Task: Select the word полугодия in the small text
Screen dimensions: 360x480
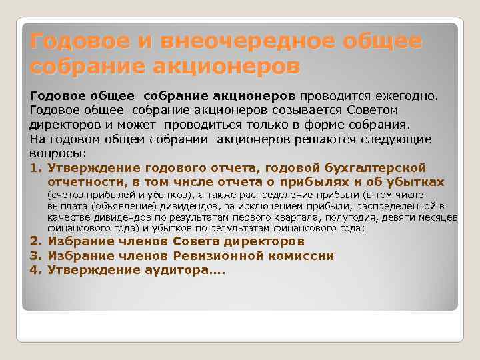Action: pos(371,217)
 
